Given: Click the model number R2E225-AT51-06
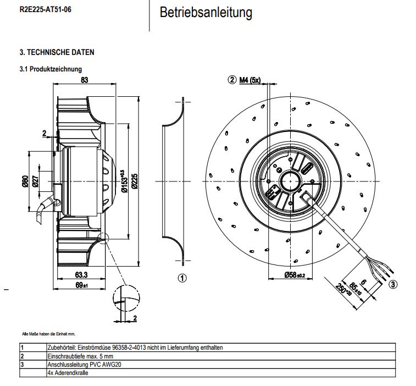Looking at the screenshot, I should (x=45, y=10).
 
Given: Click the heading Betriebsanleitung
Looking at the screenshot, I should (x=206, y=13).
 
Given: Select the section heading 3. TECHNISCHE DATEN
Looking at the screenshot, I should (x=57, y=52).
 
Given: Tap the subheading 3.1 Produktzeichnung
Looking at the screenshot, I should (x=51, y=69).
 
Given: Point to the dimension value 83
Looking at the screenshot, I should (x=85, y=80).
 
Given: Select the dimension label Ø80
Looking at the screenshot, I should (x=25, y=181).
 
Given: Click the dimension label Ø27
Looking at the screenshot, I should (x=35, y=181).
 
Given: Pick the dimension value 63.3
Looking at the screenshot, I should (x=81, y=275).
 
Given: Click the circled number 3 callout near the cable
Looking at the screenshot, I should (x=393, y=284).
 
